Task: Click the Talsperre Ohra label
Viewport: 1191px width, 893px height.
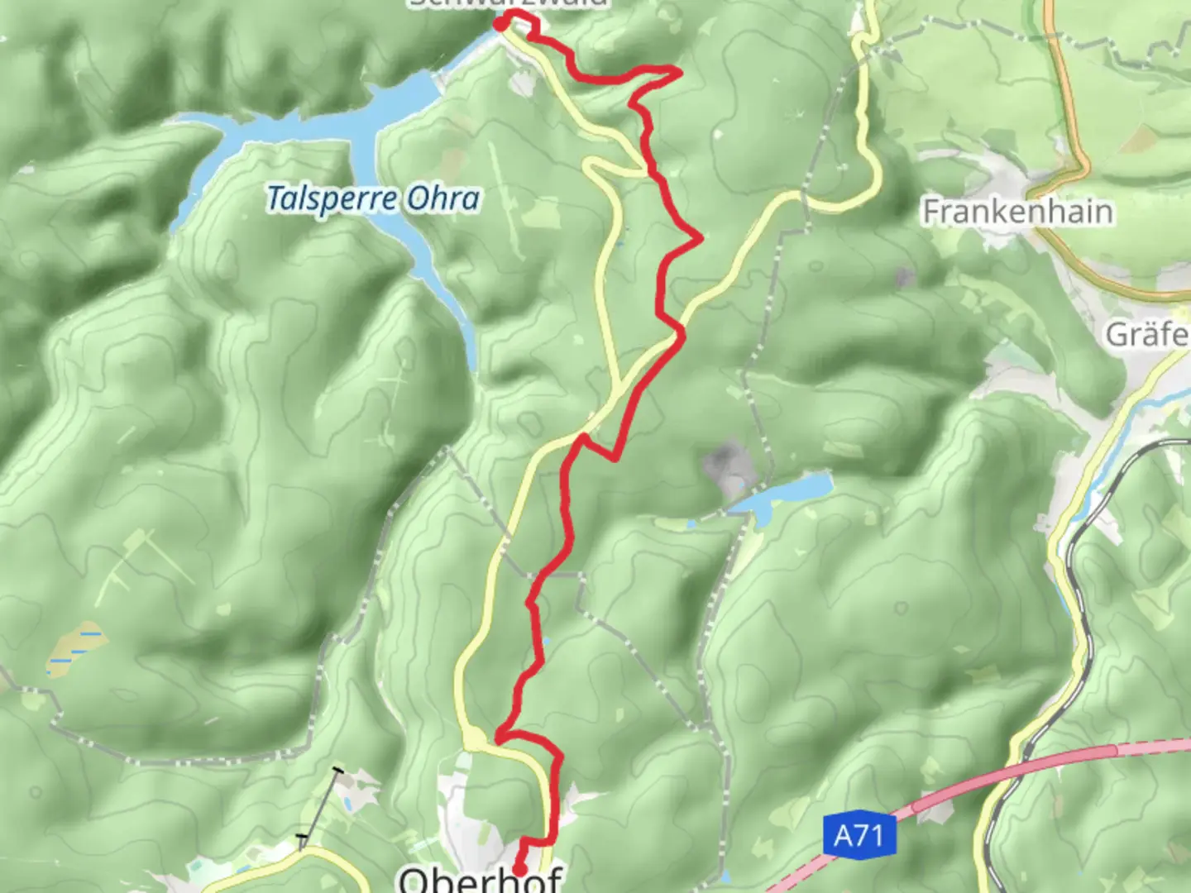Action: (x=373, y=199)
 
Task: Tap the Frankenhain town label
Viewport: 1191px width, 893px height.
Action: (x=1017, y=212)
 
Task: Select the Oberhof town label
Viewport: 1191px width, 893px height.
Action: (x=481, y=879)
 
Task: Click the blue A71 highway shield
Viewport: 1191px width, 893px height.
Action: (x=859, y=835)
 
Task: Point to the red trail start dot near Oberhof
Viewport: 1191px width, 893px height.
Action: (x=519, y=869)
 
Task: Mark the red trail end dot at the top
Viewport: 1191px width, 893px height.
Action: (x=500, y=24)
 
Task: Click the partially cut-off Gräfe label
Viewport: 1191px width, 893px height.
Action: (x=1148, y=334)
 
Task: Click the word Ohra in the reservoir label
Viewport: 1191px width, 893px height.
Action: (x=443, y=199)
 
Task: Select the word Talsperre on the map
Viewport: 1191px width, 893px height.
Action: (x=331, y=199)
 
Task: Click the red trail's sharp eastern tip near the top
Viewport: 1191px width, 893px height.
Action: (x=680, y=73)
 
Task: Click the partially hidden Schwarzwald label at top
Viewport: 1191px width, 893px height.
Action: (x=508, y=4)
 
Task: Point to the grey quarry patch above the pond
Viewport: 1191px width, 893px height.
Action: (x=725, y=463)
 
